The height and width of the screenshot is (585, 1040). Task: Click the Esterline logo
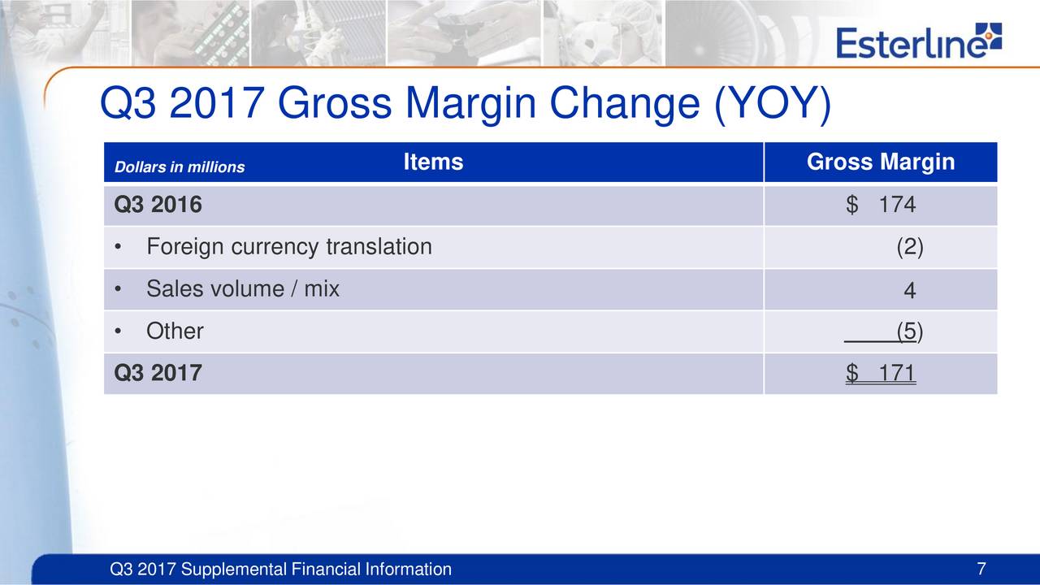click(x=919, y=41)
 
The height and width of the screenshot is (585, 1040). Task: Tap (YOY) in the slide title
click(x=773, y=105)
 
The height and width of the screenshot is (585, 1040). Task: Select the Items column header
click(x=433, y=162)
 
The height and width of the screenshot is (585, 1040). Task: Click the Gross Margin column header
click(x=881, y=162)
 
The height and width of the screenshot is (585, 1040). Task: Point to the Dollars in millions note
click(x=180, y=167)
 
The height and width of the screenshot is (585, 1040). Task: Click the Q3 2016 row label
click(x=158, y=205)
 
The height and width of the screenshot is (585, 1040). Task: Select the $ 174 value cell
click(x=880, y=205)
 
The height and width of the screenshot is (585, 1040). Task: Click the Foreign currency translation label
click(x=289, y=247)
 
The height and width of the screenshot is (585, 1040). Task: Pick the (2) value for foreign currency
click(x=909, y=247)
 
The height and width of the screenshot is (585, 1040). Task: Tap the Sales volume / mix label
click(x=243, y=288)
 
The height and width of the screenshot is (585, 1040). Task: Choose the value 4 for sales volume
click(x=909, y=291)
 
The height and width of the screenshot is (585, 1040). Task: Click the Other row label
click(x=175, y=331)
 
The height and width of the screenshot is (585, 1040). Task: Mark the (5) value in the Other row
click(x=909, y=331)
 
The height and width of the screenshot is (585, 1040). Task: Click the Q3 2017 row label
click(x=158, y=373)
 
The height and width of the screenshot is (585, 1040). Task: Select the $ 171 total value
click(x=880, y=373)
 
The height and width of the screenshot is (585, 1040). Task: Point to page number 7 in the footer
click(x=981, y=570)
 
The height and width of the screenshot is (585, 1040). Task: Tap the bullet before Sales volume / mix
click(x=118, y=289)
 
